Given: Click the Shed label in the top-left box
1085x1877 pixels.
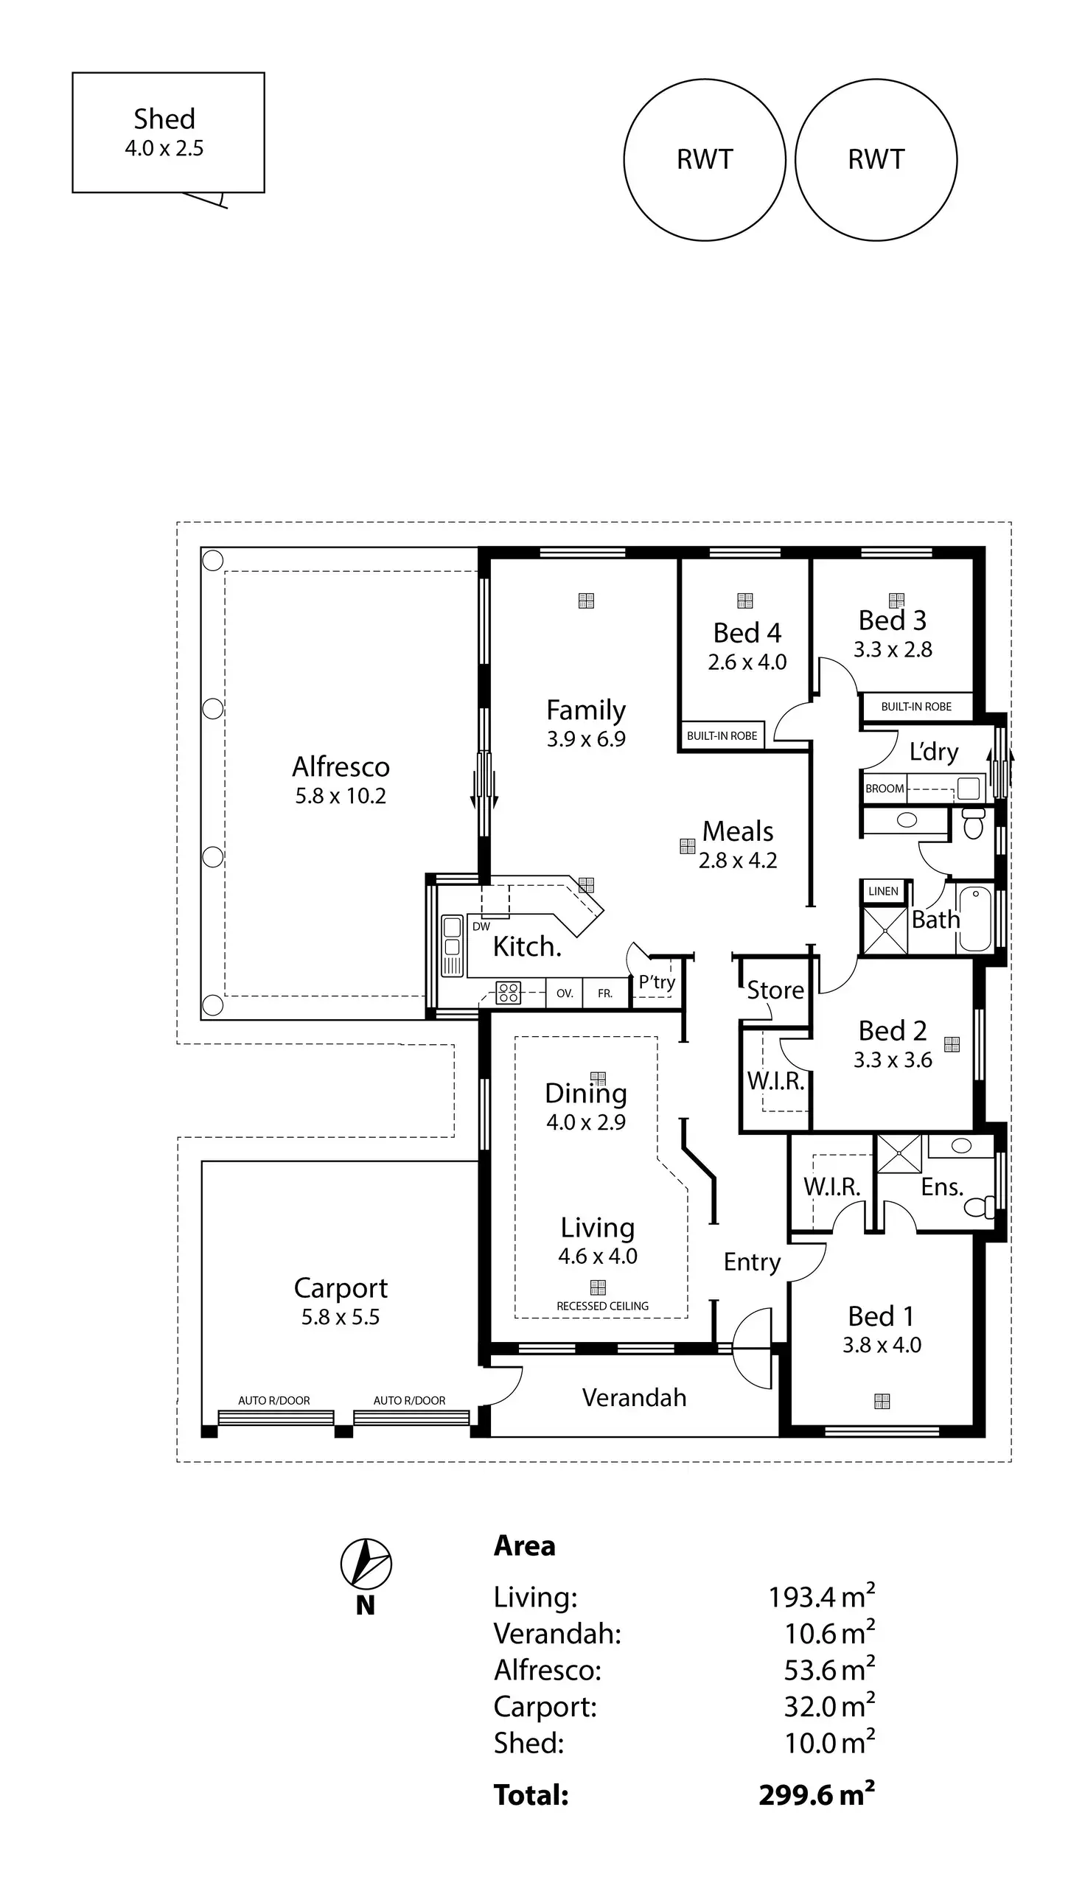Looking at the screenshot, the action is click(x=164, y=119).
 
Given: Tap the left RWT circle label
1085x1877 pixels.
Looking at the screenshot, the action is click(x=705, y=159).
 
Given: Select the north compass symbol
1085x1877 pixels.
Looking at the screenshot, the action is click(x=366, y=1563).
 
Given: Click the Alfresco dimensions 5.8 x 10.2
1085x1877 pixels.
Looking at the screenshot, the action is click(x=341, y=796).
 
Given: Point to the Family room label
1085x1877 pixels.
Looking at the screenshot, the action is click(x=586, y=710).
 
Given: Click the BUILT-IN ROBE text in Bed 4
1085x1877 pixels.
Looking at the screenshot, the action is click(x=722, y=736).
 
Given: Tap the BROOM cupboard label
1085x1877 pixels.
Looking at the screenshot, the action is click(x=885, y=789).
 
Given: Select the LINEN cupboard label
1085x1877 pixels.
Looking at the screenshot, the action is click(x=883, y=891).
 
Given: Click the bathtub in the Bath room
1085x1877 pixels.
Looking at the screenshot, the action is click(x=974, y=918).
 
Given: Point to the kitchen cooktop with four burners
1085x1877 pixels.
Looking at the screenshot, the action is click(x=509, y=992).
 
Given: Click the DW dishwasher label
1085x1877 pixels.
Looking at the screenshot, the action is click(x=481, y=926).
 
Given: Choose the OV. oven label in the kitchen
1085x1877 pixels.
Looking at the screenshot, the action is click(x=565, y=993).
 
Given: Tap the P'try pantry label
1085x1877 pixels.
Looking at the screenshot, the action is click(x=657, y=982).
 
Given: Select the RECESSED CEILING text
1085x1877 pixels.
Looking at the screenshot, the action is click(x=602, y=1306).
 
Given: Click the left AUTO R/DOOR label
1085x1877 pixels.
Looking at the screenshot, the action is click(x=274, y=1400).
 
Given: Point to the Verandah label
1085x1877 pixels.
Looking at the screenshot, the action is click(x=634, y=1397).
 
